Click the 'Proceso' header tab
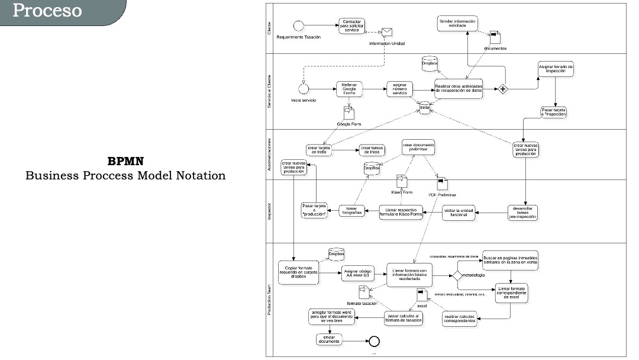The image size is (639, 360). (47, 11)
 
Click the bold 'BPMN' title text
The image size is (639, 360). (125, 161)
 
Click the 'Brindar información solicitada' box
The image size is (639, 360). (457, 24)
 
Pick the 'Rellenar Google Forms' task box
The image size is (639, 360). (348, 89)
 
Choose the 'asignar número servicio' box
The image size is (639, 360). (399, 89)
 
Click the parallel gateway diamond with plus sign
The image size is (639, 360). (502, 89)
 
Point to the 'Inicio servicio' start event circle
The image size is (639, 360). (304, 89)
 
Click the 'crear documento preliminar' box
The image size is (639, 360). (418, 147)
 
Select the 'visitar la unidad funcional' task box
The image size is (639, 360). (459, 212)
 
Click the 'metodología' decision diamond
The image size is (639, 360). (457, 276)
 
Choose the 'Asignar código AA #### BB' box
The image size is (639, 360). (358, 274)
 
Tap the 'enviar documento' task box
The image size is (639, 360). (329, 340)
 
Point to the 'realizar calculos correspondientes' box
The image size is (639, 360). (459, 319)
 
